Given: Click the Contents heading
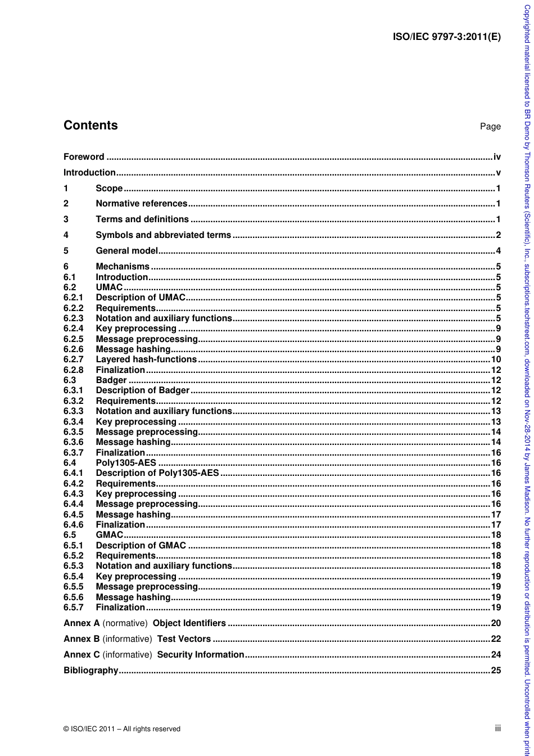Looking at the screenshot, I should coord(90,125).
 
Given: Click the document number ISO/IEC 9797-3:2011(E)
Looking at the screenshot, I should coord(446,38).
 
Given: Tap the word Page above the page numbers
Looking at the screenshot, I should coord(490,127).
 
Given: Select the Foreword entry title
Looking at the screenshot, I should coord(84,157).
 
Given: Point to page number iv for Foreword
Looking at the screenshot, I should coord(497,157).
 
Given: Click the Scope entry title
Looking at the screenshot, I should coord(109,188).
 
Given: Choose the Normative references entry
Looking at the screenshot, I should coord(142,204).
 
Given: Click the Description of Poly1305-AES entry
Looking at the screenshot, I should coord(157,473).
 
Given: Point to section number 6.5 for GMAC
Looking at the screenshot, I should coord(70,535).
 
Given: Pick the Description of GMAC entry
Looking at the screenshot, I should coord(141,545).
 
